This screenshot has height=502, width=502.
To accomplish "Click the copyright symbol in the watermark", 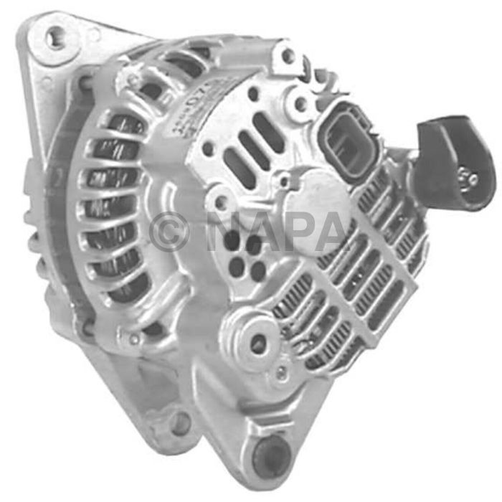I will [x=170, y=232].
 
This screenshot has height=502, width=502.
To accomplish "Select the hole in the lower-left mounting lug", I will [x=178, y=423].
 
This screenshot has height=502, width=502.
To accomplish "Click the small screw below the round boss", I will [x=283, y=372].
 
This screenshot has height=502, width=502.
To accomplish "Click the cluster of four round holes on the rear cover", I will [x=246, y=255].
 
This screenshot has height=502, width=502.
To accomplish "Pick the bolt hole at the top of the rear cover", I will [x=288, y=55].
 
